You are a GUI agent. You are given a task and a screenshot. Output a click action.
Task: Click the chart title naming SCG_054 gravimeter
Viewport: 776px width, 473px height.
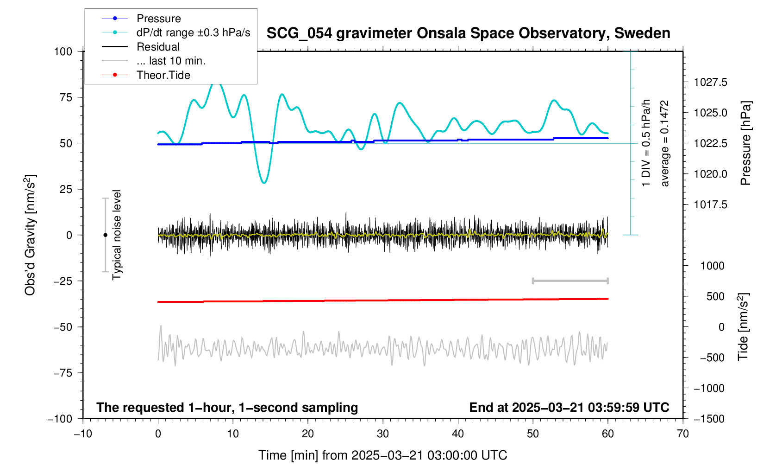tap(468, 33)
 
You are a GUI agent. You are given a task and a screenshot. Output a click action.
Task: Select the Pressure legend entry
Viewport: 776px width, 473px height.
tap(158, 19)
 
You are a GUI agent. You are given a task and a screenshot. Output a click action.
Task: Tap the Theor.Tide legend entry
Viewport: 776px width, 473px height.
tap(163, 75)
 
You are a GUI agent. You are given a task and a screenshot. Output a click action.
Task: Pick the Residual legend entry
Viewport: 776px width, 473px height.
tap(158, 47)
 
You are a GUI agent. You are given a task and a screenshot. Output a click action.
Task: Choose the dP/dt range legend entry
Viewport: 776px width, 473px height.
tap(193, 32)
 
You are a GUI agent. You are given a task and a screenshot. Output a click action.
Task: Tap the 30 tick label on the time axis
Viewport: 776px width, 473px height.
tap(383, 434)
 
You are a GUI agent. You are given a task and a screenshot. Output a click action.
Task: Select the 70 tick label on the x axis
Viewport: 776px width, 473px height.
tap(682, 434)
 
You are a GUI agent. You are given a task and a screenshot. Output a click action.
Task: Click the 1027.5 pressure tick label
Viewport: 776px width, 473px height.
tap(710, 83)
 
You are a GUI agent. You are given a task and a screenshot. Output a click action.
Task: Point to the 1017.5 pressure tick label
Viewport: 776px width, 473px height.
tap(710, 205)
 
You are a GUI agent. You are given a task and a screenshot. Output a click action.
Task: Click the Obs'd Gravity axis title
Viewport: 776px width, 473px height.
tap(30, 235)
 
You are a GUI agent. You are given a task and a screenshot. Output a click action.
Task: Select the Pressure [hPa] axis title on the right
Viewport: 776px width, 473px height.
tap(745, 143)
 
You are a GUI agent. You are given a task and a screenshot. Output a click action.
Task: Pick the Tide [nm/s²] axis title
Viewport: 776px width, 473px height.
tap(744, 327)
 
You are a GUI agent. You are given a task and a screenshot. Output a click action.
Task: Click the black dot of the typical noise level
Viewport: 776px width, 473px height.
tap(105, 235)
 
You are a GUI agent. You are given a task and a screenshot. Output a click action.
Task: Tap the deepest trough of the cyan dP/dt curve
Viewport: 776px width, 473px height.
tap(264, 183)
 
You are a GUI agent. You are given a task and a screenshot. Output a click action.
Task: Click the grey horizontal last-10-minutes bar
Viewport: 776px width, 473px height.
tap(570, 281)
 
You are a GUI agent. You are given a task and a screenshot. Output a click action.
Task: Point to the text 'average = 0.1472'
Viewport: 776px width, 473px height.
tap(665, 143)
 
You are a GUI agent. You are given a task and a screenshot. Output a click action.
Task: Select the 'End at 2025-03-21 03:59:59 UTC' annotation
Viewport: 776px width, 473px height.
tap(569, 408)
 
